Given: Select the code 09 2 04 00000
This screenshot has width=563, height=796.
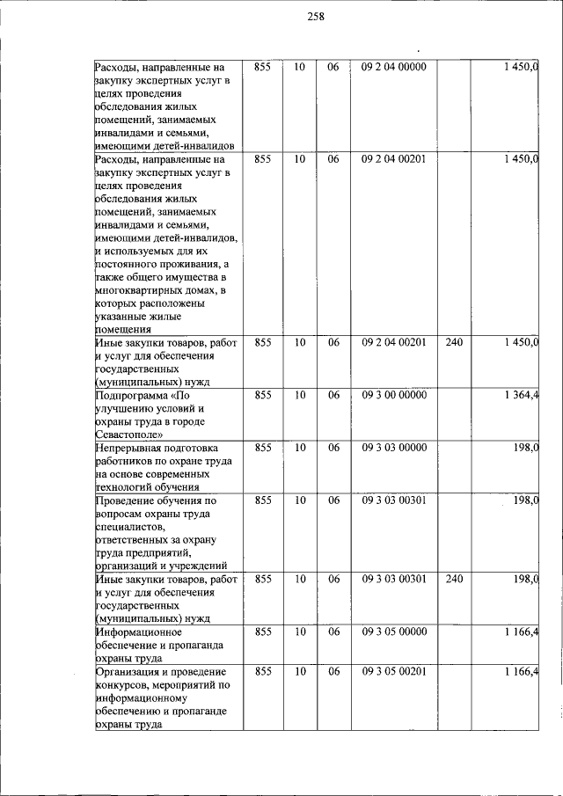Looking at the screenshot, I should [x=393, y=66].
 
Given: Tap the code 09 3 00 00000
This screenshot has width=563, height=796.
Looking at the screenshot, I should [x=393, y=395].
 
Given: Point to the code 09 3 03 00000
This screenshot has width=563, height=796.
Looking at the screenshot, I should [x=393, y=448].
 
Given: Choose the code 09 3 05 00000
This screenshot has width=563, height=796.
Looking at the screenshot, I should [x=393, y=632].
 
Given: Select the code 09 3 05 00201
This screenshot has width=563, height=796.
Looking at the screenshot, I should [x=393, y=672].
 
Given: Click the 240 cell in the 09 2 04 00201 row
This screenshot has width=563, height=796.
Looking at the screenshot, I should [x=454, y=342].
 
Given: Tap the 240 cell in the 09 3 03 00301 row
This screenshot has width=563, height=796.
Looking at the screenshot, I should [x=454, y=580].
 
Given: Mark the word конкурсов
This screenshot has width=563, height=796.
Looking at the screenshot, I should [x=122, y=685].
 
